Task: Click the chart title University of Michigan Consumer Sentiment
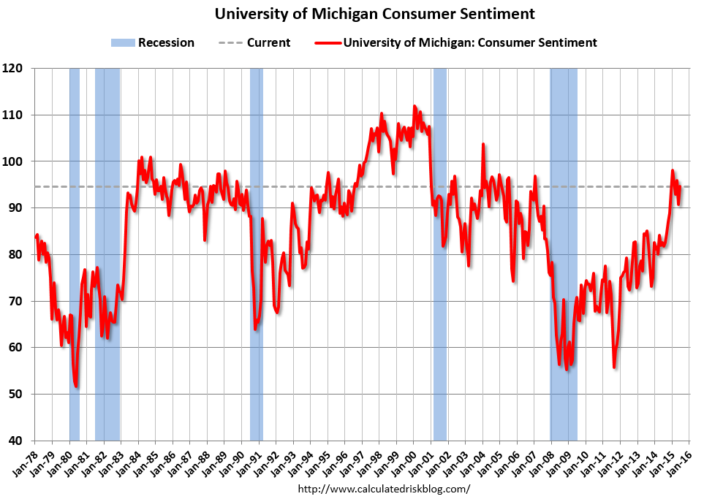[x=374, y=14]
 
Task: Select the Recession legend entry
[x=153, y=42]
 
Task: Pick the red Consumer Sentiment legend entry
[x=458, y=42]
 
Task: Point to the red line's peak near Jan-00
[x=415, y=106]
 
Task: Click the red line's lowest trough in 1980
[x=76, y=386]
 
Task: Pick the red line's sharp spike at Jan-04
[x=482, y=144]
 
